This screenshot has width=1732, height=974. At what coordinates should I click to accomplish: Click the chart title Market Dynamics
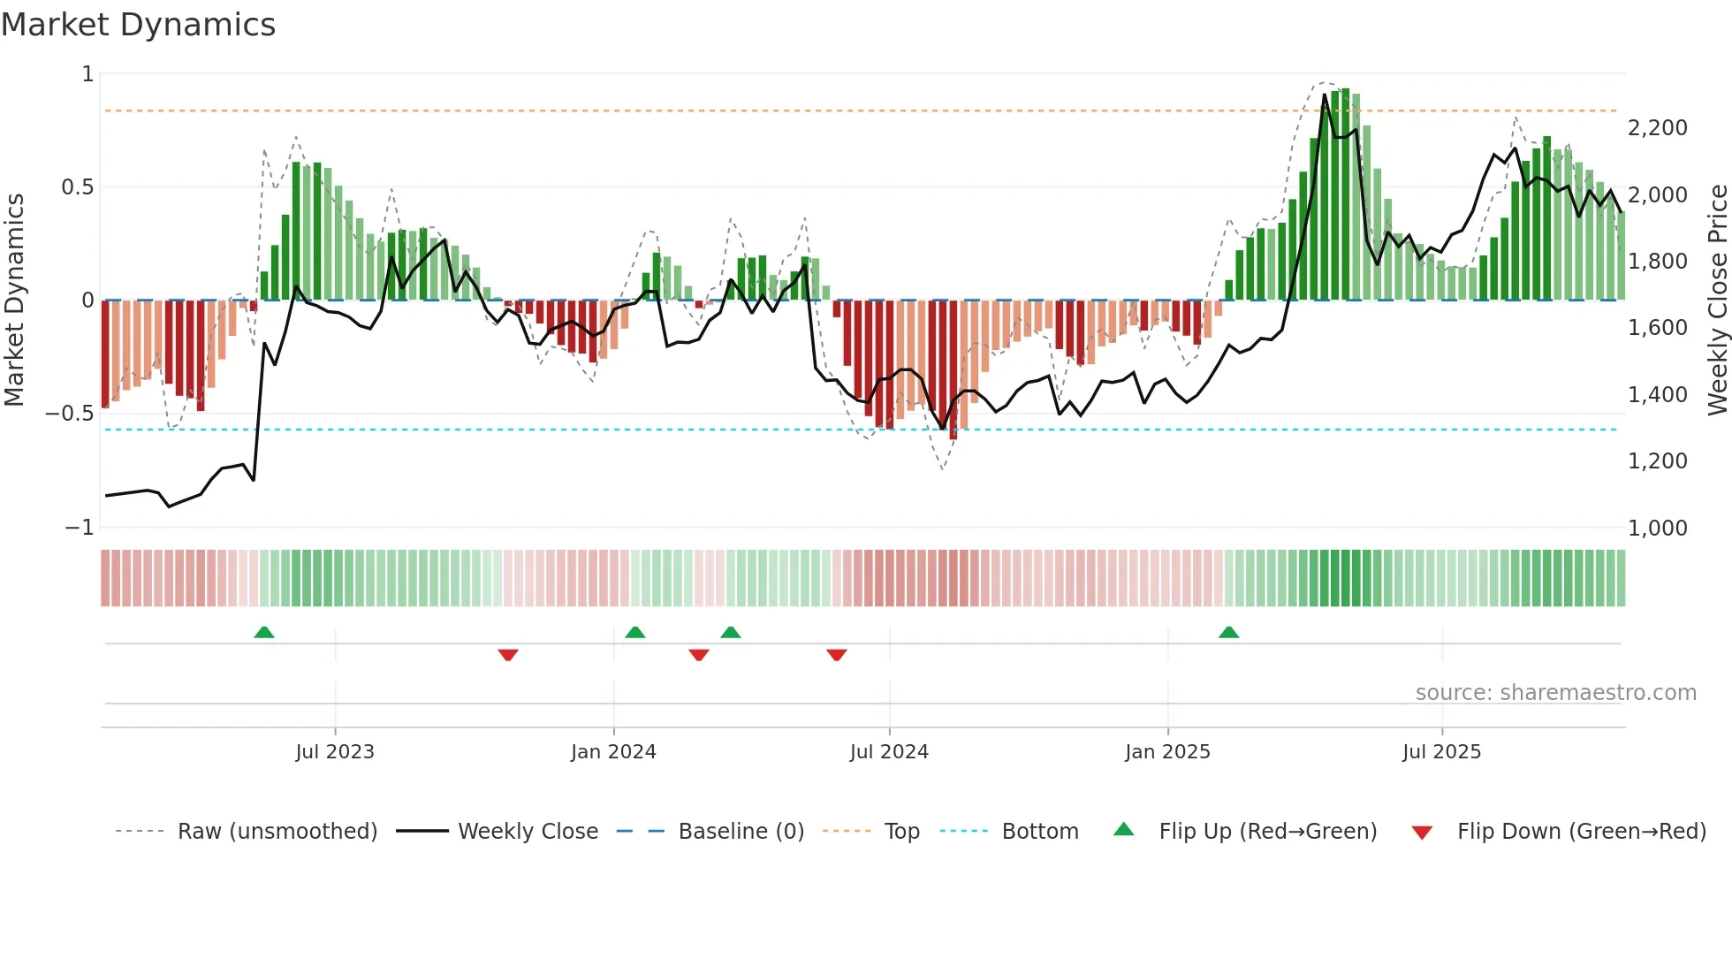[138, 25]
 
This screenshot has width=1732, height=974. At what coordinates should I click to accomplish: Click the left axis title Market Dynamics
[14, 300]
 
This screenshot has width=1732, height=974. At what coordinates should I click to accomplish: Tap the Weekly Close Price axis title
[1717, 300]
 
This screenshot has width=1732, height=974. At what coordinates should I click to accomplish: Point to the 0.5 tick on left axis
[77, 187]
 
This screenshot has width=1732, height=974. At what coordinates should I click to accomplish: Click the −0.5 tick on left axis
[70, 414]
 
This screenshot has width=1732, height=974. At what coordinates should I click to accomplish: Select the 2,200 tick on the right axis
[1657, 128]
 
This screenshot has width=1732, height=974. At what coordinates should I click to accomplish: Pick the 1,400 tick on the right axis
[1657, 395]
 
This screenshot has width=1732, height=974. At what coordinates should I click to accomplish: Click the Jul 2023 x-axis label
[335, 752]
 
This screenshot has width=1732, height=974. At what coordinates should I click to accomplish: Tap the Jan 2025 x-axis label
[1167, 752]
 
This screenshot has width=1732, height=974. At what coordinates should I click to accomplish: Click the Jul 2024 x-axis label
[889, 752]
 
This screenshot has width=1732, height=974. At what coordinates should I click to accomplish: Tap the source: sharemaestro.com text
[1555, 693]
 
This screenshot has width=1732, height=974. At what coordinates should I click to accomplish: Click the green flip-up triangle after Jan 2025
[1228, 632]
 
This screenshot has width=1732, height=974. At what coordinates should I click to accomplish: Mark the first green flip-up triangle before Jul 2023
[264, 632]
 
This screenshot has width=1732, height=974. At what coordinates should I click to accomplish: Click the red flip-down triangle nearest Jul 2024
[837, 655]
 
